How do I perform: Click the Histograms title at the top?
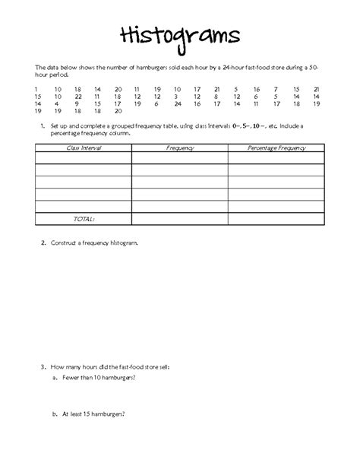point(179,36)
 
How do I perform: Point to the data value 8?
point(216,97)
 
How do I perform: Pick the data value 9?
point(76,103)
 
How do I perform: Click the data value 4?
point(57,103)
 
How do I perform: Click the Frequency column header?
point(180,148)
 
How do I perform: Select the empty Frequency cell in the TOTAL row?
point(180,218)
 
